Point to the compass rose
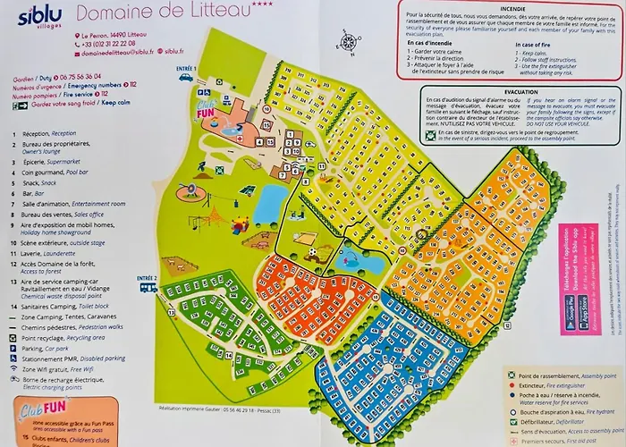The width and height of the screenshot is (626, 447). click(x=348, y=39)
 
